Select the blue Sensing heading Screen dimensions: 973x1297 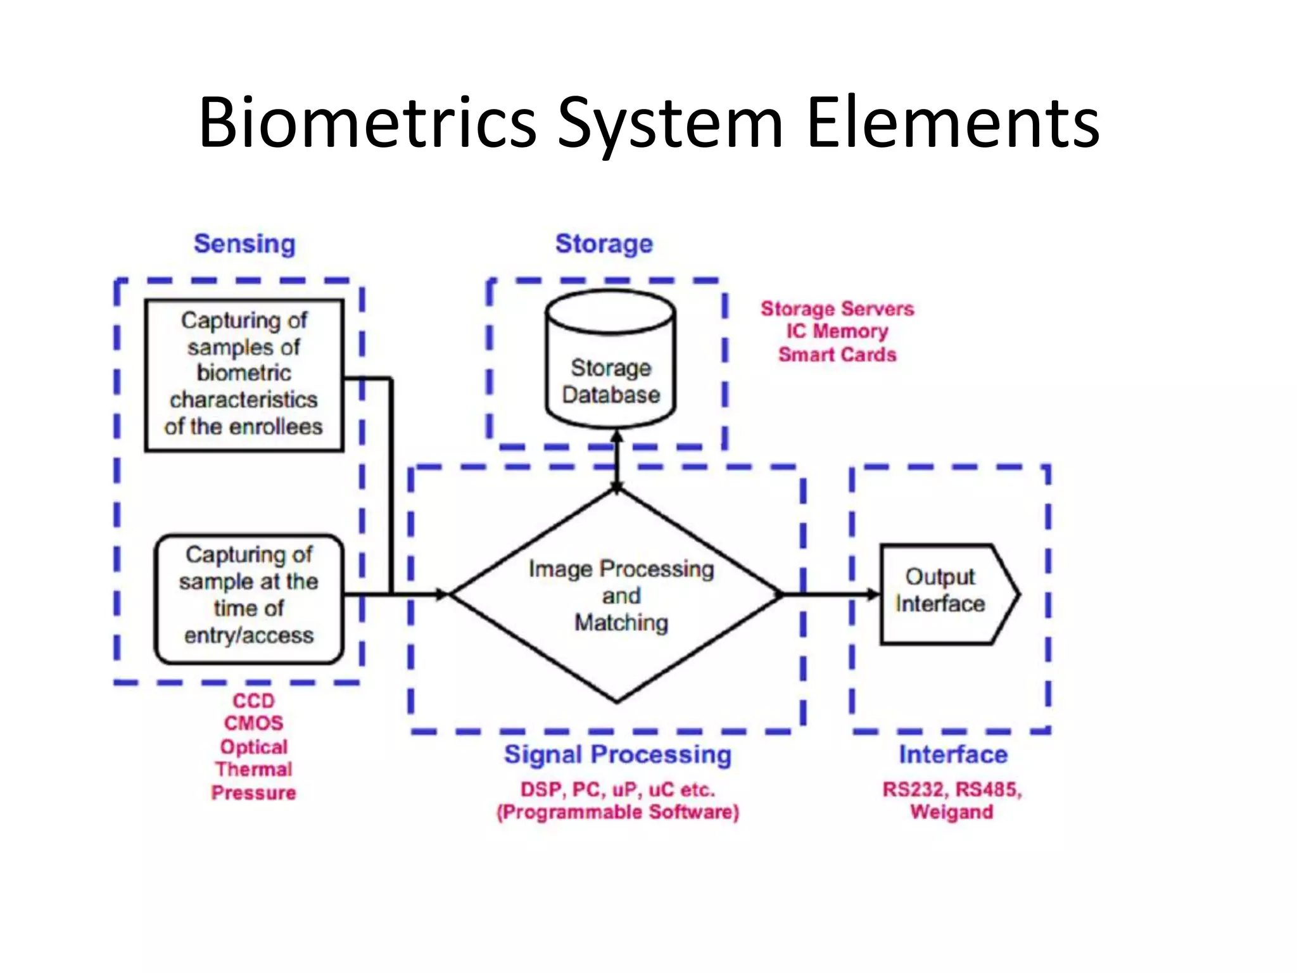[x=244, y=244]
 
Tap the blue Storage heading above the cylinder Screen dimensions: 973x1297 [x=604, y=244]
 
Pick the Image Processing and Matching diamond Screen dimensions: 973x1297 [x=617, y=595]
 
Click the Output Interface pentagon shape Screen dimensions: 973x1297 [x=947, y=594]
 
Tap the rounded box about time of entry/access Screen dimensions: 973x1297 [x=249, y=599]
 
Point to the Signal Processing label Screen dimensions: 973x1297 [x=617, y=754]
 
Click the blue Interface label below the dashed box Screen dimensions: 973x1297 [x=953, y=754]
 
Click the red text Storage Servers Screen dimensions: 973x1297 [x=837, y=308]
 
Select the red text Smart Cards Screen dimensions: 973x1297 [x=837, y=354]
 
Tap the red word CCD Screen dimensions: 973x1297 [x=253, y=701]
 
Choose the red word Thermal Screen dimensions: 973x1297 [x=253, y=769]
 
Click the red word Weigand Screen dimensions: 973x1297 [x=952, y=812]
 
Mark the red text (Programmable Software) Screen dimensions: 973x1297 [x=617, y=812]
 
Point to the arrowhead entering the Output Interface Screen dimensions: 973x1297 [x=873, y=594]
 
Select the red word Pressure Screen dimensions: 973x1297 [x=253, y=792]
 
